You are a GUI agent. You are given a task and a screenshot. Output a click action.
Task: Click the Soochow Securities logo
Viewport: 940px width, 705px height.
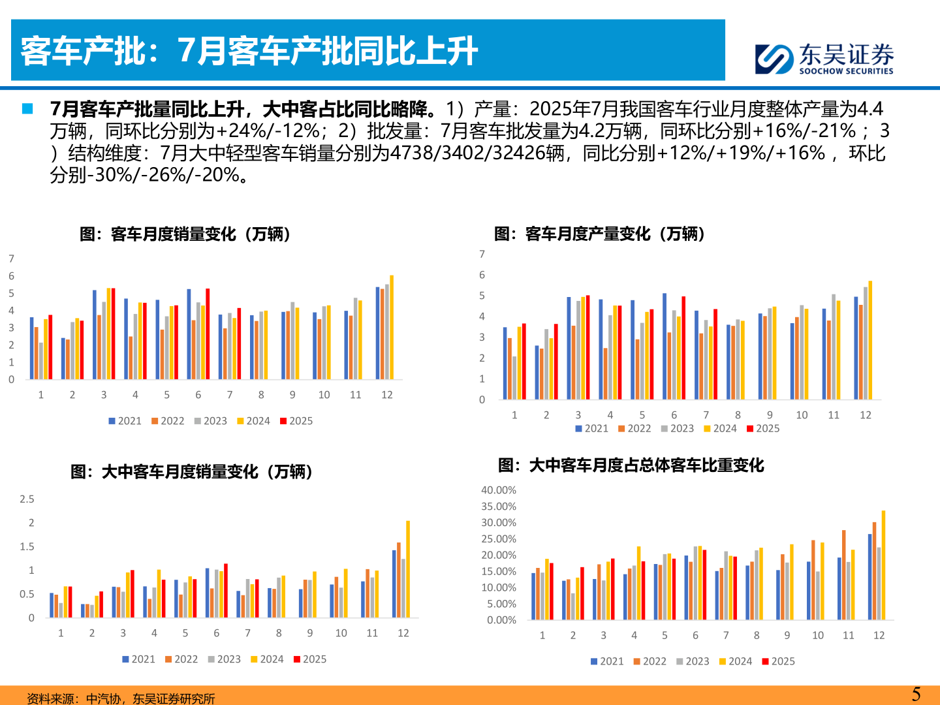[824, 59]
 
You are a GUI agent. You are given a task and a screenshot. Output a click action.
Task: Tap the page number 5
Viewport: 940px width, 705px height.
[916, 694]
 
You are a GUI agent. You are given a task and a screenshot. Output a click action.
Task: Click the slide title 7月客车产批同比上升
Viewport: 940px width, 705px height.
[250, 51]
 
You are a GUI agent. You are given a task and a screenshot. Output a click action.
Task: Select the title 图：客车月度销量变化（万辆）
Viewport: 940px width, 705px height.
[185, 234]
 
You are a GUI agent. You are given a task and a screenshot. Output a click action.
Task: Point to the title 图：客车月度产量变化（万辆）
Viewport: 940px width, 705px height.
[600, 234]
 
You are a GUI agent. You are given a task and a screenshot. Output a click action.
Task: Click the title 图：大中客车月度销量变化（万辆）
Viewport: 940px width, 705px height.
[192, 471]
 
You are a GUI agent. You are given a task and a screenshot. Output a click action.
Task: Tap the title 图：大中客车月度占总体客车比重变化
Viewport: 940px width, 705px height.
[631, 465]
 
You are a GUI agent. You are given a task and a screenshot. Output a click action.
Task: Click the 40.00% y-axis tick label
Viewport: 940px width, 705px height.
[499, 490]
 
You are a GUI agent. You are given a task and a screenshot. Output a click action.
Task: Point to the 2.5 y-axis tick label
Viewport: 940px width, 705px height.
[27, 499]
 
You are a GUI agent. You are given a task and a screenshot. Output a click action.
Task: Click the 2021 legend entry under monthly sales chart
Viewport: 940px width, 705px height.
[125, 421]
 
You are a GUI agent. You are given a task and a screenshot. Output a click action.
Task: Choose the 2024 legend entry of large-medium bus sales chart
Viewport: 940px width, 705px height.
[267, 659]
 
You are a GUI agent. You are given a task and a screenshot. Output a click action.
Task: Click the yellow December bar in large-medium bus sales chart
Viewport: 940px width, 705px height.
[408, 569]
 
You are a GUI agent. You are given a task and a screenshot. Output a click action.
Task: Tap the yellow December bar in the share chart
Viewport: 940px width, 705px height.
[883, 565]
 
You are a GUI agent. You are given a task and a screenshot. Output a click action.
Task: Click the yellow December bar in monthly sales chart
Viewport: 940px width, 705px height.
[392, 327]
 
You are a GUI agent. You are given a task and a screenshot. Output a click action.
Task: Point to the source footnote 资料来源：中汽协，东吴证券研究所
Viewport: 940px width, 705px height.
[121, 698]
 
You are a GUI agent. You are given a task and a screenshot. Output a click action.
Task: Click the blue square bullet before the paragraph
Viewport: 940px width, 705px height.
[27, 108]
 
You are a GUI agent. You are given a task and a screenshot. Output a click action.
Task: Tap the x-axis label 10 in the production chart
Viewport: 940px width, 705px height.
[802, 415]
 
